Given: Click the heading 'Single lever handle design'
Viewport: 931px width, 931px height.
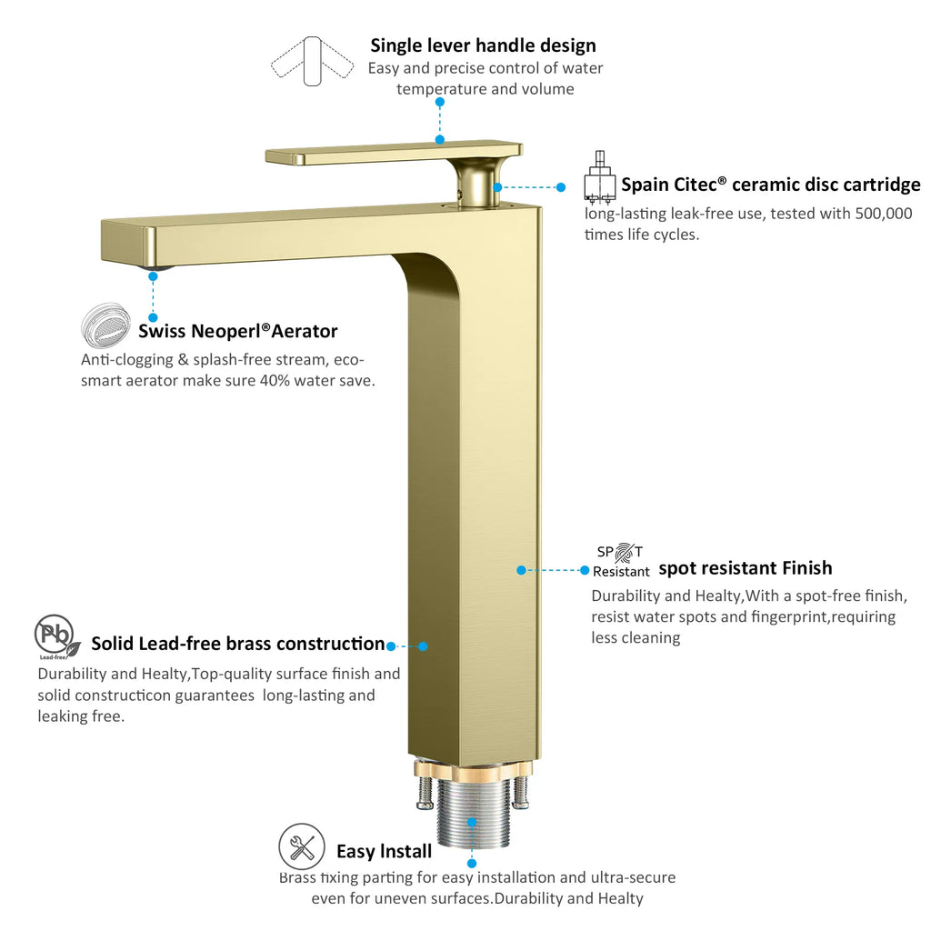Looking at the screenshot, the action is point(483,45).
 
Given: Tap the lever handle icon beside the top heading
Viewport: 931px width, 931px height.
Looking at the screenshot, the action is point(313,61).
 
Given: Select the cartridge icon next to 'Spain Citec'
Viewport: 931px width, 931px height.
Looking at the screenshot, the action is point(600,177).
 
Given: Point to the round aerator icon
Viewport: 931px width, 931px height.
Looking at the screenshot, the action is point(105,325).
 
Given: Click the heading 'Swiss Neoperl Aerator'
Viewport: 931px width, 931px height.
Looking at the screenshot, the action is point(237,331).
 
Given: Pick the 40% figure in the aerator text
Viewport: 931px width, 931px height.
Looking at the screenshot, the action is point(275,381).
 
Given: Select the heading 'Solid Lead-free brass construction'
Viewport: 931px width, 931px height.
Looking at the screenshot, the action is point(238,644).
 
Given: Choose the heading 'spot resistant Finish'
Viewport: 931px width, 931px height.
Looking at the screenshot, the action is point(746,568).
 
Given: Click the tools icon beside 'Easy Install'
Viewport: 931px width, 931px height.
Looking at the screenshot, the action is point(302,846).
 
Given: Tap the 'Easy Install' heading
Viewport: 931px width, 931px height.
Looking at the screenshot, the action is point(385,851).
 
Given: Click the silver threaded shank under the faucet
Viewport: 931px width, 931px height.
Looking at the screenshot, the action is point(473,814).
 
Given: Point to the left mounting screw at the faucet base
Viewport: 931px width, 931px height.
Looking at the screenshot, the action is point(425,793).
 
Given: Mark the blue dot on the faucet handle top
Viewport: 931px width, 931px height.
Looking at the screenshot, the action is point(440,139).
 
